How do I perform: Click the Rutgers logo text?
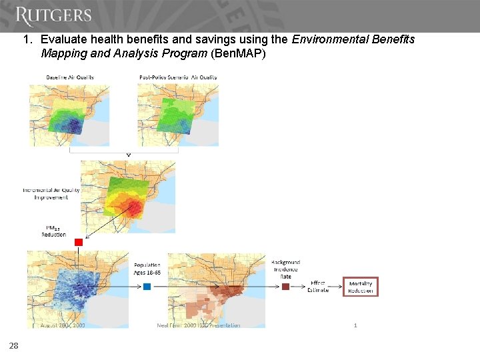(x=53, y=16)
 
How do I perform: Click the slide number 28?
(x=13, y=345)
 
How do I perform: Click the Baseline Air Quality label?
(x=70, y=77)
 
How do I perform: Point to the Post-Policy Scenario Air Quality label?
(x=178, y=77)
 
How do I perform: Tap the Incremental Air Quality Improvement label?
(x=51, y=193)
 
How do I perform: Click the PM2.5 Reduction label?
(x=53, y=231)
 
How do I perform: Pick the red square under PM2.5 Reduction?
(x=78, y=242)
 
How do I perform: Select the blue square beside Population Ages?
(x=147, y=287)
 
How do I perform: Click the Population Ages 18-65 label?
(x=147, y=269)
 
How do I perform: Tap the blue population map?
(x=77, y=288)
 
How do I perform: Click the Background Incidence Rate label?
(x=285, y=269)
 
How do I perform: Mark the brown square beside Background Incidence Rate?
(x=285, y=287)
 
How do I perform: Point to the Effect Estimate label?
(x=317, y=286)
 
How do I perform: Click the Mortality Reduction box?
(x=361, y=287)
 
